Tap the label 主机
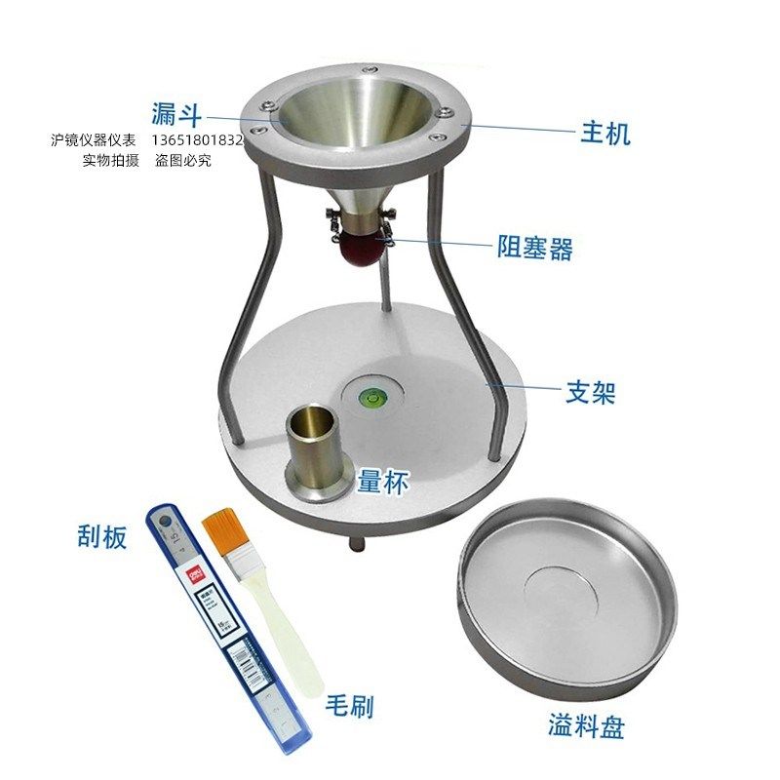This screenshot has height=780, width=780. click(x=605, y=132)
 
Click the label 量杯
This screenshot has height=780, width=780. click(x=381, y=480)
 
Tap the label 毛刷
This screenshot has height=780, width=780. click(x=348, y=705)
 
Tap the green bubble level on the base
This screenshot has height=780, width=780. click(x=371, y=397)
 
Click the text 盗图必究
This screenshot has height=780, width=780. click(x=182, y=159)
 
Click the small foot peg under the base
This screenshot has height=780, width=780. click(x=354, y=542)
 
